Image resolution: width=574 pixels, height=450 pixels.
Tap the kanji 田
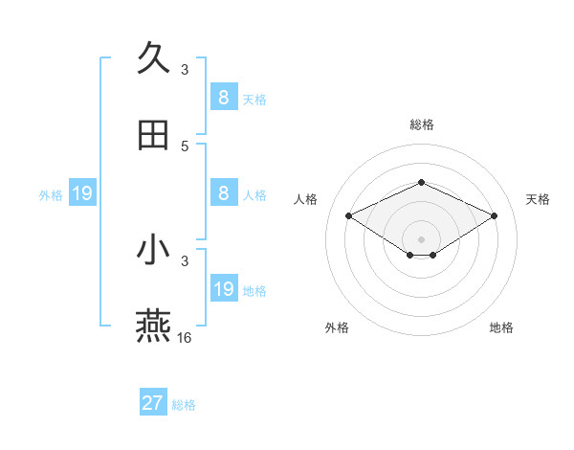[x=153, y=135]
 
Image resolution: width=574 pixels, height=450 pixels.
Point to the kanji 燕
[x=153, y=326]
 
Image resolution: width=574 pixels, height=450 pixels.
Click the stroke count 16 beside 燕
[x=185, y=337]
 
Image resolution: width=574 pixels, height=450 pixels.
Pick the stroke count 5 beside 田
[x=185, y=146]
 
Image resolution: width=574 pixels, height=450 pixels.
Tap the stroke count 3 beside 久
[x=185, y=69]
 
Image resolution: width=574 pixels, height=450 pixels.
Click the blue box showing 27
[x=153, y=403]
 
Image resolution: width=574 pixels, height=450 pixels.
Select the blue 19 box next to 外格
[x=82, y=194]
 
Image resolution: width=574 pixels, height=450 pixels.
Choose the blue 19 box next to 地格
[x=223, y=289]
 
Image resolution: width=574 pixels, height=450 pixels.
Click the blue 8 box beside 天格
[x=223, y=98]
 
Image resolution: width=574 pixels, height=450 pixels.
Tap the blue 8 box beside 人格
[x=223, y=193]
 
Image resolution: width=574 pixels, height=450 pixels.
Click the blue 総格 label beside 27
[x=184, y=405]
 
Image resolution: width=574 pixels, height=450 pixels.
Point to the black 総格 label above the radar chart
[x=421, y=124]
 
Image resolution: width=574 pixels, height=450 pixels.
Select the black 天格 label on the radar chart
[x=538, y=199]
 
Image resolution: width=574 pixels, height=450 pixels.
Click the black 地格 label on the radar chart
[x=501, y=327]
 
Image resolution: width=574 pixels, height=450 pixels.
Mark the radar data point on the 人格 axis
[x=348, y=215]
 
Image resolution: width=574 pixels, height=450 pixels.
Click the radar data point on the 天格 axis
[x=494, y=215]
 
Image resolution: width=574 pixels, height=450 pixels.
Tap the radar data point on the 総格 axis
[x=421, y=181]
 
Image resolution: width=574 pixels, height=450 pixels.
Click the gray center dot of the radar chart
[x=421, y=238]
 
